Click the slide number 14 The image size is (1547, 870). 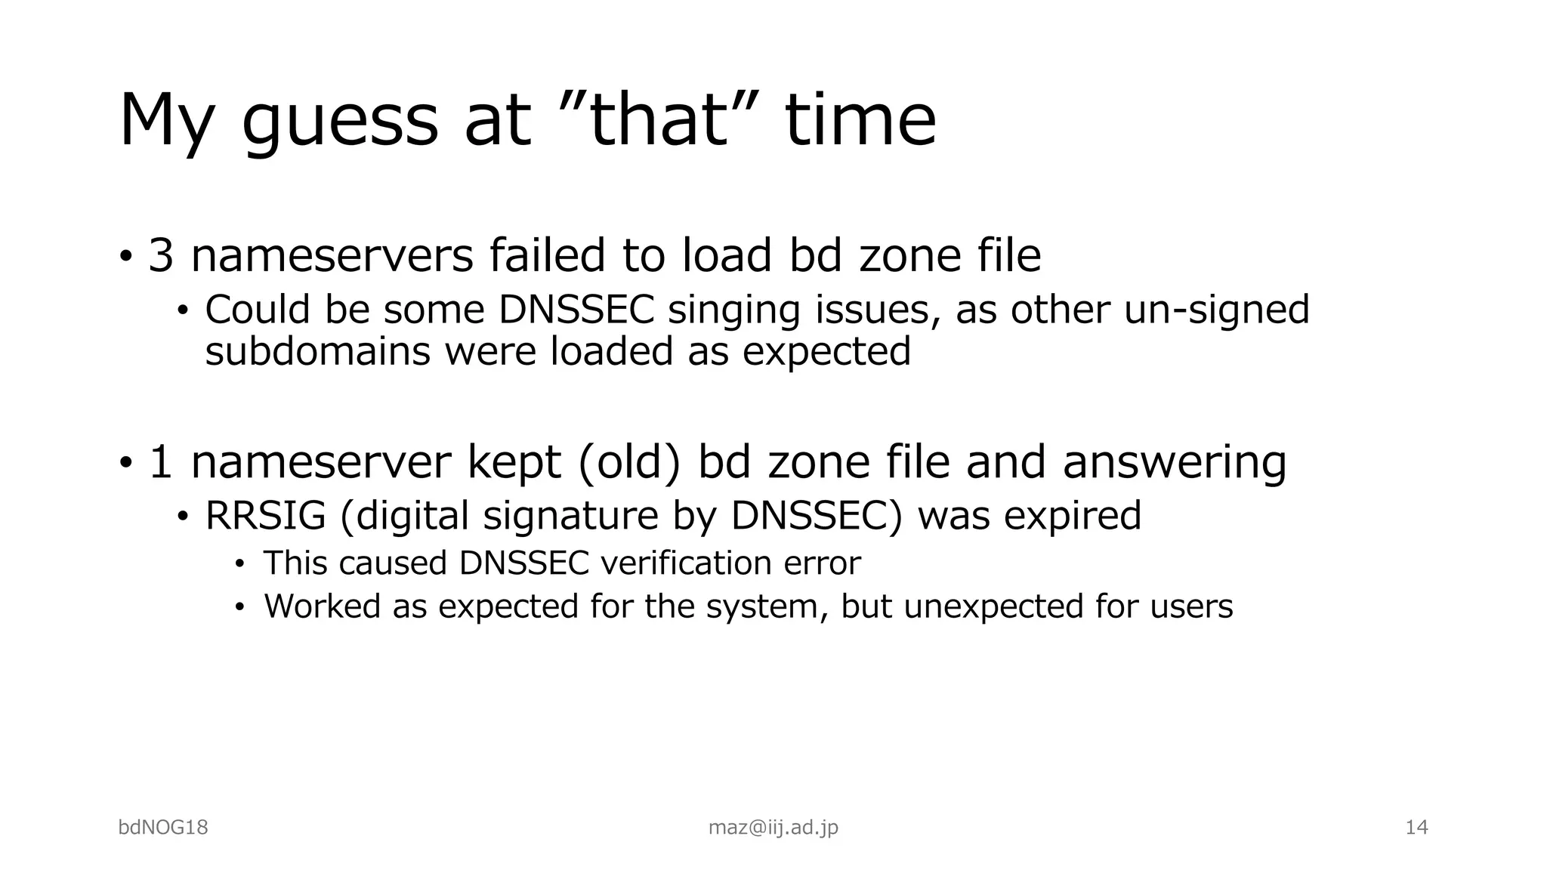pos(1416,828)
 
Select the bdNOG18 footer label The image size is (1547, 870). pos(163,828)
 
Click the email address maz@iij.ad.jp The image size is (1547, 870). pos(773,828)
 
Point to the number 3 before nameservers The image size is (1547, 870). pos(161,255)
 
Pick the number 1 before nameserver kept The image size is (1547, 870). pos(161,461)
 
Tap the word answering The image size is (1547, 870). pos(1174,461)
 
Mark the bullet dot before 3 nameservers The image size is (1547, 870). pos(125,255)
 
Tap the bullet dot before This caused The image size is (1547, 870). pos(239,564)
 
